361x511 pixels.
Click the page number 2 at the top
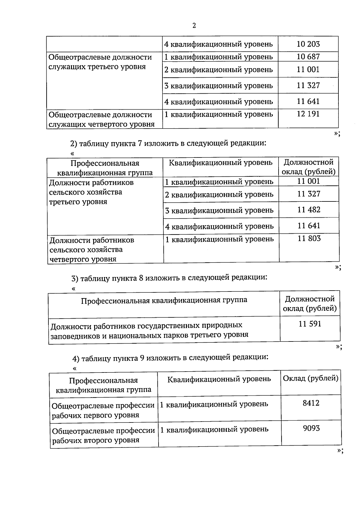pyautogui.click(x=194, y=26)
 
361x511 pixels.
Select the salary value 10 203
pyautogui.click(x=308, y=44)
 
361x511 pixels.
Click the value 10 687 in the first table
pyautogui.click(x=308, y=57)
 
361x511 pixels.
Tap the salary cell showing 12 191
pyautogui.click(x=308, y=114)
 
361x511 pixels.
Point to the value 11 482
pyautogui.click(x=309, y=210)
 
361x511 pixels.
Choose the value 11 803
pyautogui.click(x=309, y=239)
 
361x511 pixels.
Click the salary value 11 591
pyautogui.click(x=310, y=324)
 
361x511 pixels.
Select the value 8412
pyautogui.click(x=311, y=403)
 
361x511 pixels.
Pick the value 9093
pyautogui.click(x=311, y=428)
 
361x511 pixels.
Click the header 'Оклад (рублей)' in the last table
pyautogui.click(x=310, y=379)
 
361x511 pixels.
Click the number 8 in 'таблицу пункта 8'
pyautogui.click(x=140, y=277)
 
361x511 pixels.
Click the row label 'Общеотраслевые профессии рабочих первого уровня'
pyautogui.click(x=103, y=410)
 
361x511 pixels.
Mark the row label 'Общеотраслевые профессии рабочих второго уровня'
pyautogui.click(x=103, y=435)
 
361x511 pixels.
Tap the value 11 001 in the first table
pyautogui.click(x=308, y=70)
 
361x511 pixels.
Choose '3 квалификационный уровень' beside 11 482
pyautogui.click(x=219, y=210)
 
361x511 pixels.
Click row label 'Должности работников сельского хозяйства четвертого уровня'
pyautogui.click(x=92, y=250)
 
